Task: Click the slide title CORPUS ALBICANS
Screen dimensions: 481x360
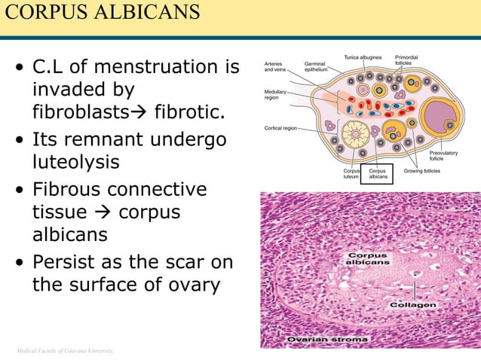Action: (101, 13)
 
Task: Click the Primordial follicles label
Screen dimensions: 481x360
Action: (409, 60)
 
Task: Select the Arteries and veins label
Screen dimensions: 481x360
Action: (274, 67)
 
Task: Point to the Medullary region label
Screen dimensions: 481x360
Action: (275, 94)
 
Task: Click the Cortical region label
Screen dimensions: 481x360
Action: (280, 128)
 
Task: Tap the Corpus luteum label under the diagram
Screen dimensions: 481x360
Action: (351, 174)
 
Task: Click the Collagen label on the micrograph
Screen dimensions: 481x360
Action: (412, 305)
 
